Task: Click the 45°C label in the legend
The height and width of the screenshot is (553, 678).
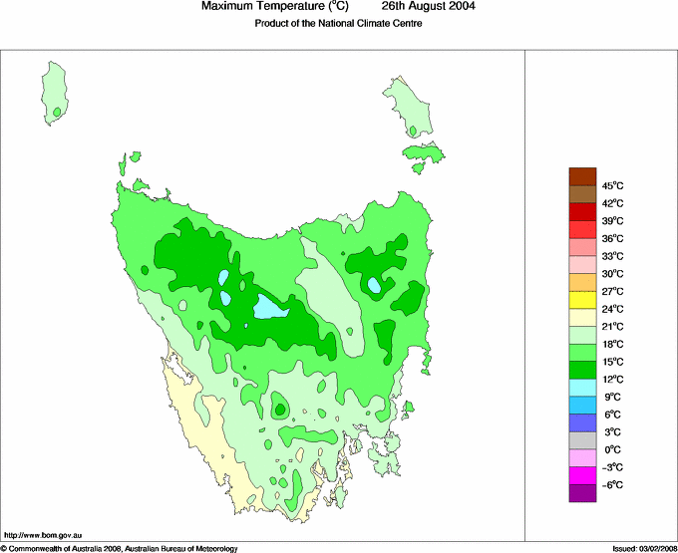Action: tap(612, 185)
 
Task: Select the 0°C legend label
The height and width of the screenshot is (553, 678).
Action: tap(612, 449)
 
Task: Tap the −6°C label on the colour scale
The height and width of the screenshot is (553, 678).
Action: tap(612, 484)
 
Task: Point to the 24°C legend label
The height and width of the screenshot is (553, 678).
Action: tap(612, 309)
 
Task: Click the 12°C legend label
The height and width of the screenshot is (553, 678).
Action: tap(612, 379)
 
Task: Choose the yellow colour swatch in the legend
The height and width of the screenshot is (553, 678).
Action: tap(582, 300)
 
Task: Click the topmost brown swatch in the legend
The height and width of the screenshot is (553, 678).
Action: tap(582, 176)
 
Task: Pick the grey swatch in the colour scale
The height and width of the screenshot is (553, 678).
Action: tap(582, 440)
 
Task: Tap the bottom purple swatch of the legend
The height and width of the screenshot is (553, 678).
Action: tap(582, 493)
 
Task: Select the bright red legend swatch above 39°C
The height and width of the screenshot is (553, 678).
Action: tap(582, 211)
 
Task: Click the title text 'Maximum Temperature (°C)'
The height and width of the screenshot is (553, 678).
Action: tap(274, 7)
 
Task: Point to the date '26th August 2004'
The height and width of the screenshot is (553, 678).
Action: tap(429, 7)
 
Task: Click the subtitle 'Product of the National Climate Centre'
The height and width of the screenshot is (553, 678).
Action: tap(339, 24)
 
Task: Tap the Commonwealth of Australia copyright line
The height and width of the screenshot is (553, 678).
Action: tap(120, 548)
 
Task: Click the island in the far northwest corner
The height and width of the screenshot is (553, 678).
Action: tap(57, 93)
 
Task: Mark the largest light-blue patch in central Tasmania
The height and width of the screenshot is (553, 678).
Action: tap(270, 308)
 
